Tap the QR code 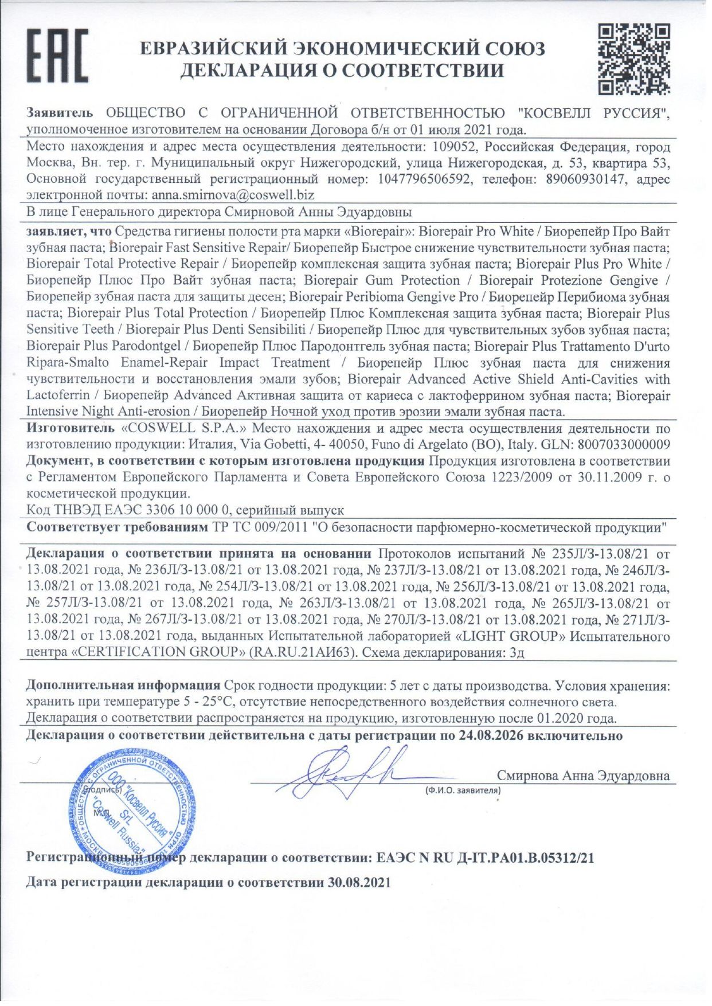pyautogui.click(x=634, y=58)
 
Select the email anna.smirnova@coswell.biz pyautogui.click(x=233, y=195)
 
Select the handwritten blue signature pyautogui.click(x=344, y=774)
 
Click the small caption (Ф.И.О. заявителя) pyautogui.click(x=462, y=790)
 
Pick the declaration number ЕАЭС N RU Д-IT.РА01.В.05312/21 pyautogui.click(x=485, y=858)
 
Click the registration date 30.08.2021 pyautogui.click(x=359, y=882)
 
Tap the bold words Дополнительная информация pyautogui.click(x=123, y=685)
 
